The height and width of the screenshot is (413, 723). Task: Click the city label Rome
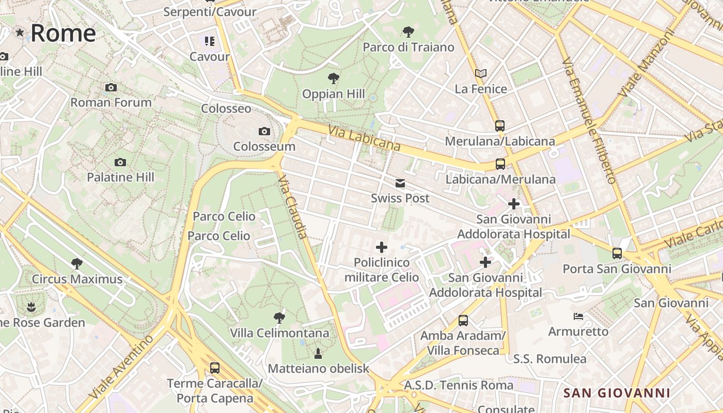point(63,33)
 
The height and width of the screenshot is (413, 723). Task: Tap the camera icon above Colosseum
point(264,132)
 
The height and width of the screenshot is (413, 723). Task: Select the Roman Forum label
point(111,102)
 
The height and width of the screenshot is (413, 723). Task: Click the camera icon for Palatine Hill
point(120,163)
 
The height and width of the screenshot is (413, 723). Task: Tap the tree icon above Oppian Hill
point(334,78)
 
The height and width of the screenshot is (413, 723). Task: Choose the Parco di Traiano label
point(408,47)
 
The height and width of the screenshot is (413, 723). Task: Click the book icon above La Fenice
point(481,73)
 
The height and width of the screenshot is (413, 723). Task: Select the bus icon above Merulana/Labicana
point(499,125)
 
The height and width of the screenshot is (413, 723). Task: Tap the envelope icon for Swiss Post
point(400,183)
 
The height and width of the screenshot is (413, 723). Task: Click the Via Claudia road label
point(292,206)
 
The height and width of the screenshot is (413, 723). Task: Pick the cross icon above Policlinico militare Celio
point(382,247)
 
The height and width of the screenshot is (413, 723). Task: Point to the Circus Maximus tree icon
point(77,264)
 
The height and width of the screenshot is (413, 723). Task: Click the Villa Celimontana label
point(279,333)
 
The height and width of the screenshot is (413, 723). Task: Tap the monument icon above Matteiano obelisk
point(318,354)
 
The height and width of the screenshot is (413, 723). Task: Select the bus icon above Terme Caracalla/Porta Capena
point(214,368)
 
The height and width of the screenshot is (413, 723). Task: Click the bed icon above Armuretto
point(578,316)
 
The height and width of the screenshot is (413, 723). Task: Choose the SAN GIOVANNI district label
point(617,393)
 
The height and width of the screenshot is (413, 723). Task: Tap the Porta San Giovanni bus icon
point(617,253)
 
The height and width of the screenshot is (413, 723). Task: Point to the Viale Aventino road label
point(121,367)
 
